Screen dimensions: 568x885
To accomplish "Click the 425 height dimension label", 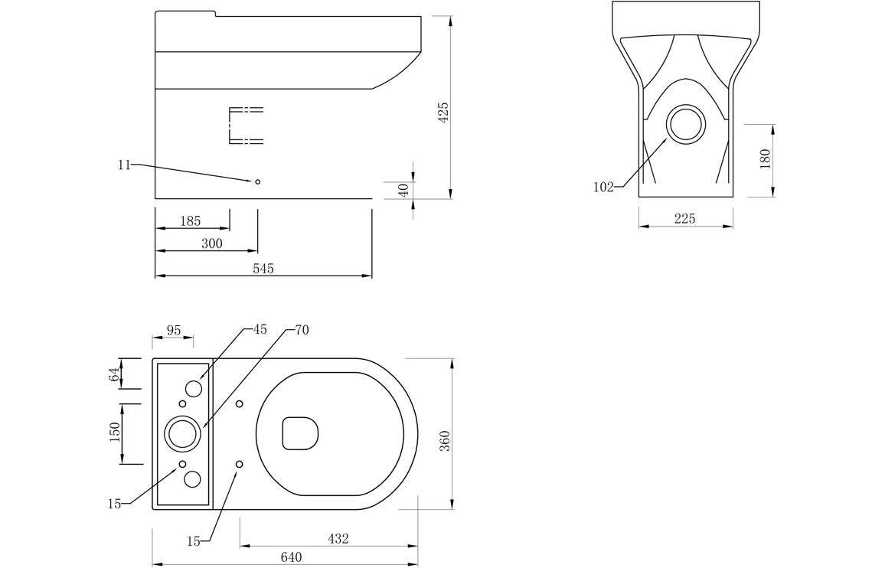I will (443, 113).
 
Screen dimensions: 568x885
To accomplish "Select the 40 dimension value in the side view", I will (403, 190).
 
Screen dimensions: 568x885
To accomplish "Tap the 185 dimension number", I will (190, 220).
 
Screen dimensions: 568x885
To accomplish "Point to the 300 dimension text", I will (211, 243).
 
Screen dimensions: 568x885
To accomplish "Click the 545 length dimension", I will (263, 268).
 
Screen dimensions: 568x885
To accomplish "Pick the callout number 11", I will (124, 165).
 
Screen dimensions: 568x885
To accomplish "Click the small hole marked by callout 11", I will (257, 181).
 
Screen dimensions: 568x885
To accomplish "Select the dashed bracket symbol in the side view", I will (245, 126).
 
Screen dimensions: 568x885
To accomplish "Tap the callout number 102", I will (603, 187).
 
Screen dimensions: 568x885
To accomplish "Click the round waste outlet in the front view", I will (685, 124).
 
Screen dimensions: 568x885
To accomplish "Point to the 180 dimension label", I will (765, 159).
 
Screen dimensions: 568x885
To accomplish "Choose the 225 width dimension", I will (684, 219).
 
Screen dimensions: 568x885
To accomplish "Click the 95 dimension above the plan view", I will (174, 330).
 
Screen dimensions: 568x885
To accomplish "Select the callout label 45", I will (260, 329).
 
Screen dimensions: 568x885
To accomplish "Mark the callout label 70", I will (302, 330).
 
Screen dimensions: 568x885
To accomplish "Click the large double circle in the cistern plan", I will (183, 434).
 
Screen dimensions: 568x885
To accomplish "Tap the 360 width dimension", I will (445, 440).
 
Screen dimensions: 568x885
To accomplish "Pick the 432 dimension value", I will (338, 538).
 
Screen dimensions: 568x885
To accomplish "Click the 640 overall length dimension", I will (291, 557).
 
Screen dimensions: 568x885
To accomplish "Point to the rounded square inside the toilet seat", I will (300, 433).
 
